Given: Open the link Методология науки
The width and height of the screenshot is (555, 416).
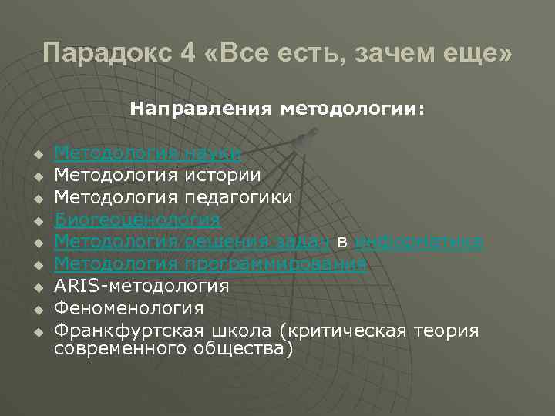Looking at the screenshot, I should click(x=147, y=153).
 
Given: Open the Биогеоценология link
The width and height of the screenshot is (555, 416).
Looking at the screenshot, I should click(x=137, y=220).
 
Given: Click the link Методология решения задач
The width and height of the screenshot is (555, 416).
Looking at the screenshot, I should click(x=192, y=242).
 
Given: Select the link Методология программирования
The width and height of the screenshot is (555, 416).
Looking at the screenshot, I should click(x=210, y=264).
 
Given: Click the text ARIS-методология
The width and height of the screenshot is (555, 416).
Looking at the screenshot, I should click(x=142, y=287).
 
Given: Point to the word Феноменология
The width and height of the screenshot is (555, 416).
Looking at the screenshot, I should click(x=129, y=309).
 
